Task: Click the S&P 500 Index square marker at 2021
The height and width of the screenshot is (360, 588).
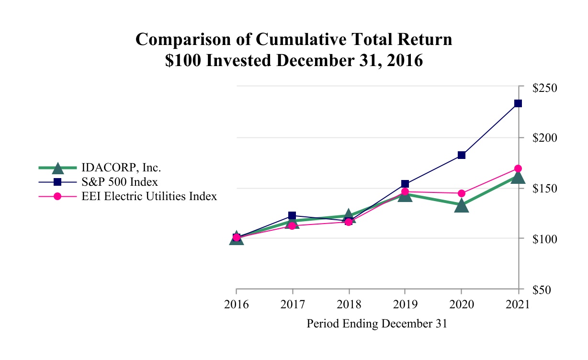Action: coord(518,103)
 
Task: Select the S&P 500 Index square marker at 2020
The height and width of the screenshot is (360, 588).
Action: coord(462,155)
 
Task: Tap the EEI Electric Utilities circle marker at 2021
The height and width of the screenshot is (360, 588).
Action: coord(518,169)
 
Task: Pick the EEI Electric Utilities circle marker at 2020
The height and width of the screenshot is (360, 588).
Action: coord(462,193)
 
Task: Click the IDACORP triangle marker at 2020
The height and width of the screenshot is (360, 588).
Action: coord(462,206)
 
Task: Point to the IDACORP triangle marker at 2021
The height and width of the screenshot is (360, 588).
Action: coord(518,177)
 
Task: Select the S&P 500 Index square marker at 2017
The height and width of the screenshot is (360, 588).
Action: coord(293,216)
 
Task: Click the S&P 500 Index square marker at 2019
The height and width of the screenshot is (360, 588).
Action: coord(405,184)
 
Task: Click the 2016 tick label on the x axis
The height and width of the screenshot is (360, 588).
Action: coord(236,305)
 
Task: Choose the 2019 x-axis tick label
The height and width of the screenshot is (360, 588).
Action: coord(405,305)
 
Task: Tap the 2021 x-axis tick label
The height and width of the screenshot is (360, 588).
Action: coord(518,305)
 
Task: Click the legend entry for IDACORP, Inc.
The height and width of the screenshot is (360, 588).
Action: coord(121,168)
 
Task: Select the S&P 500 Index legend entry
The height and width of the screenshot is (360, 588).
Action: coord(120,182)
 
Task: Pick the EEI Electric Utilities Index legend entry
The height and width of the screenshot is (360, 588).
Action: coord(149,196)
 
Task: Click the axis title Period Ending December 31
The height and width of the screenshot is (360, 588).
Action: coord(376,324)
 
